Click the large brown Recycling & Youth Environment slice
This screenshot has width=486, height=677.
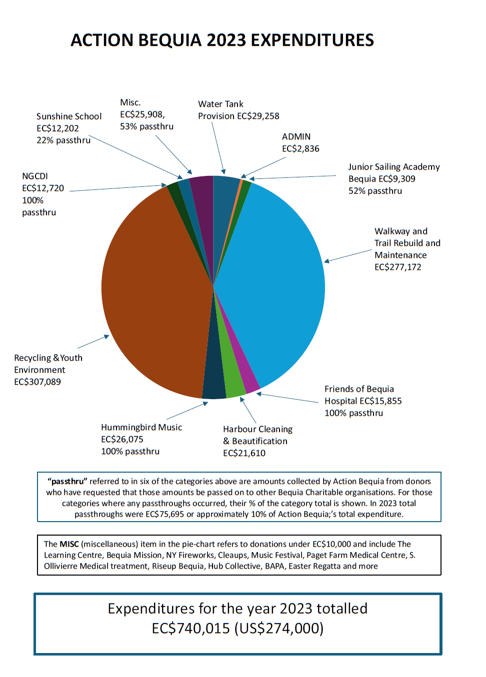150,290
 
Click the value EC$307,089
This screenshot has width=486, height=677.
37,382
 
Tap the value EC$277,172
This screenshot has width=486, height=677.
398,267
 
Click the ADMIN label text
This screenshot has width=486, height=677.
296,136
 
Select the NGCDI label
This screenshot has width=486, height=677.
35,176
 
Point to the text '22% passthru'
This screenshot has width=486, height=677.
63,140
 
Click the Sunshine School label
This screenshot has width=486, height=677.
69,116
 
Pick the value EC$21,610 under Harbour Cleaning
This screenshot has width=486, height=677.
244,453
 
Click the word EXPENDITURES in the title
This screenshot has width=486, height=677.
312,40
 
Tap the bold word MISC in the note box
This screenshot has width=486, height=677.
69,544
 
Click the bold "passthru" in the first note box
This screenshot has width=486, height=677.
67,481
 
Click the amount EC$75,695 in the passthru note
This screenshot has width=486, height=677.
164,514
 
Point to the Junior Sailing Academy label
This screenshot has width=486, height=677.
394,166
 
